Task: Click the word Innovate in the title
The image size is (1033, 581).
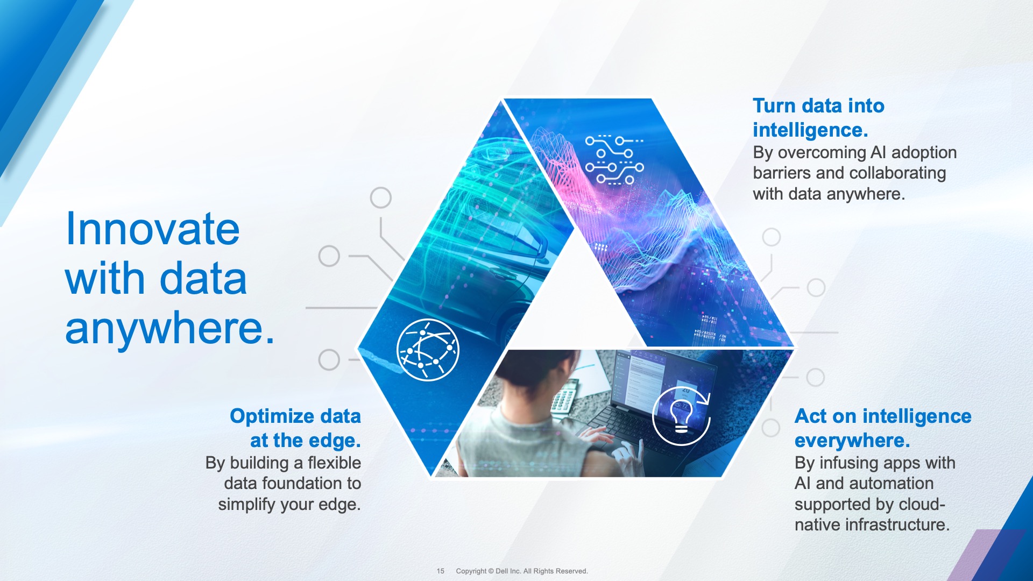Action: (152, 229)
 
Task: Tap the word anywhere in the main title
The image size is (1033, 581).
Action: (169, 329)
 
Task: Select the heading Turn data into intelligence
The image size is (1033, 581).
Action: (818, 117)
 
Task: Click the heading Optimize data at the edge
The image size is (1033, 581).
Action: (295, 428)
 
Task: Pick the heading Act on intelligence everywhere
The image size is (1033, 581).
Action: (883, 428)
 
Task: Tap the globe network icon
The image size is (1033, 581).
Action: (428, 350)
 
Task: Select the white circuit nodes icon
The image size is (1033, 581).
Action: (614, 160)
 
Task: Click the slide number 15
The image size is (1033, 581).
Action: (441, 571)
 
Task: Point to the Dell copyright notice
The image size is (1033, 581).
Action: (522, 571)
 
